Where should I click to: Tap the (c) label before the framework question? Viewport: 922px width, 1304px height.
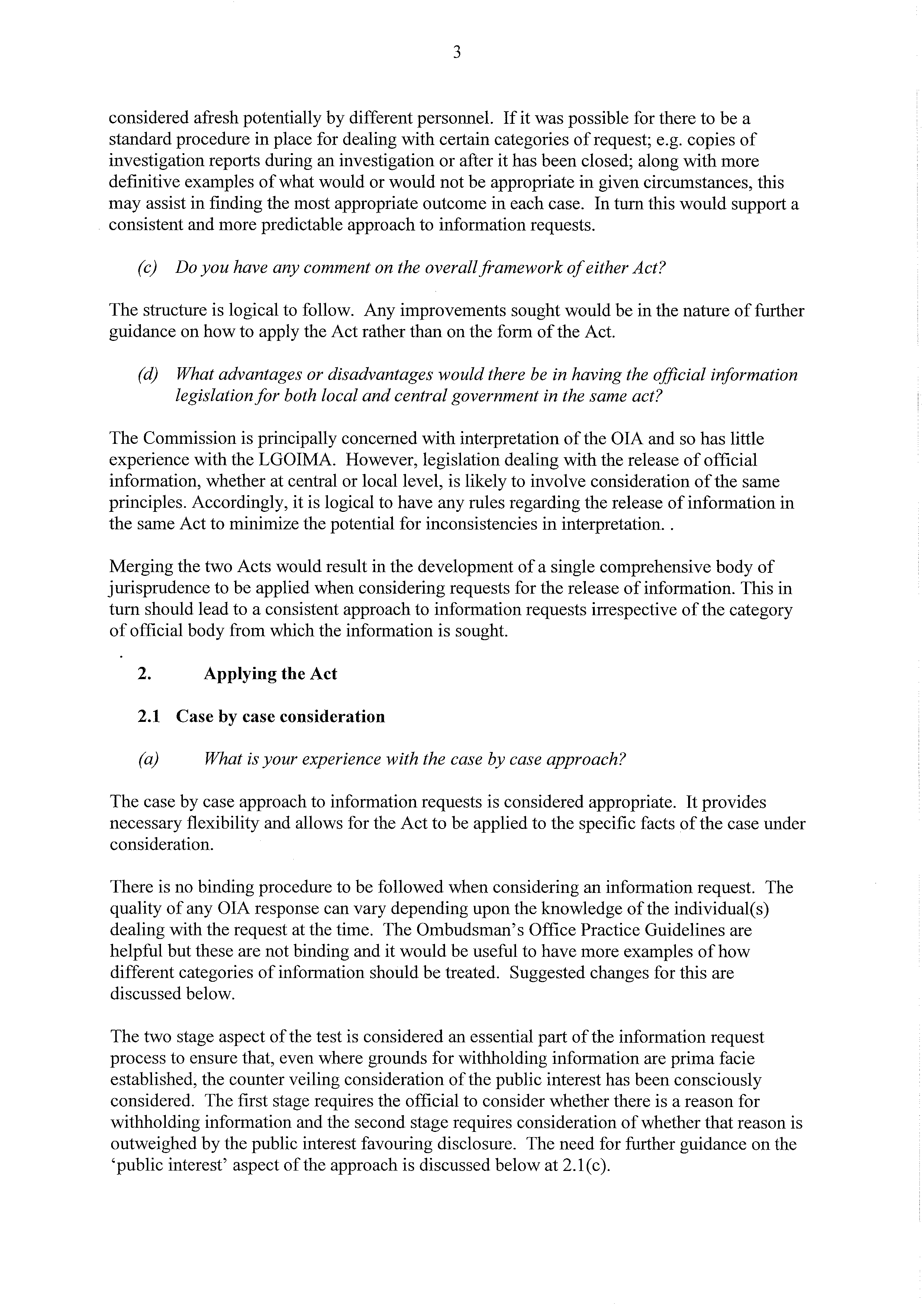coord(147,268)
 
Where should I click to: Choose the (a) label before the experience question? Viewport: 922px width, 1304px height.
coord(148,759)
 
